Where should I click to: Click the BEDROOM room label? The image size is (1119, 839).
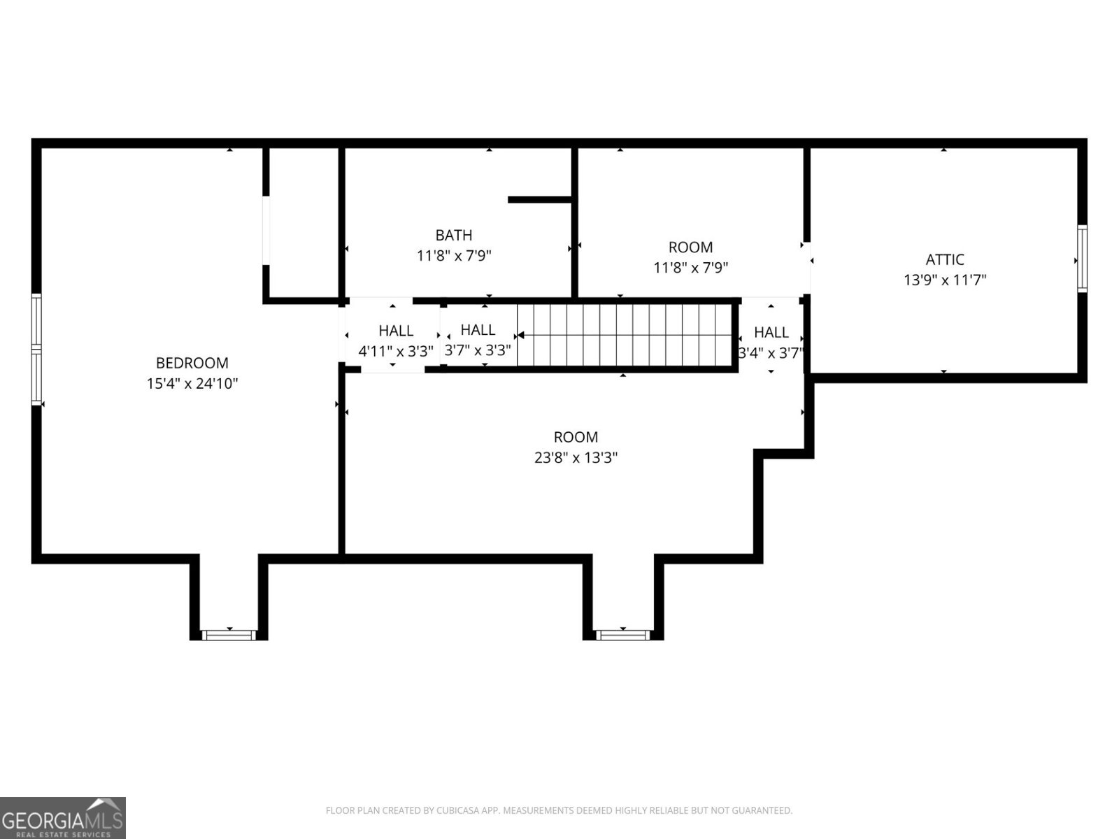(192, 363)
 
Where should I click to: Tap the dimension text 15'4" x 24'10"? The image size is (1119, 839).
(192, 384)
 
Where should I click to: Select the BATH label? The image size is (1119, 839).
(454, 235)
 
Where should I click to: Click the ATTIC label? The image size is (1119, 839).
(945, 259)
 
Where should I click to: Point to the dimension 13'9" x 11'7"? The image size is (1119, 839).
(945, 280)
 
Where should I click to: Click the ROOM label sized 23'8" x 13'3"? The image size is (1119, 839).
(576, 437)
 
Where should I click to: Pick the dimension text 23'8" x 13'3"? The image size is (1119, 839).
(576, 458)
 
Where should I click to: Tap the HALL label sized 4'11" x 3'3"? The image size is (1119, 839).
(396, 331)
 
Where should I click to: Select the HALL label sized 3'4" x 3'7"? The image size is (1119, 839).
(771, 332)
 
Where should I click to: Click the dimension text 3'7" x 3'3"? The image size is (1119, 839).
(478, 350)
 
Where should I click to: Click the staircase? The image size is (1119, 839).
(626, 335)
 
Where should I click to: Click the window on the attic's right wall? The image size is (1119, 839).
(1082, 259)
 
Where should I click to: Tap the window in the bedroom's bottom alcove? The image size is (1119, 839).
(228, 635)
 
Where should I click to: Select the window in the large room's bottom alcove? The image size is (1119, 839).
(622, 635)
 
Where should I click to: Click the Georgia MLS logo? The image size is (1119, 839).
(62, 817)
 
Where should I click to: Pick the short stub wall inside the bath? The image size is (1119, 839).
(540, 200)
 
